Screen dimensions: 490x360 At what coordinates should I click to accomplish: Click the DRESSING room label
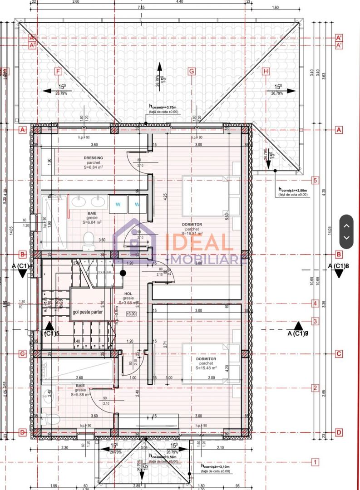pyautogui.click(x=94, y=158)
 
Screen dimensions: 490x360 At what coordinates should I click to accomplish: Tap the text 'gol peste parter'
pyautogui.click(x=88, y=312)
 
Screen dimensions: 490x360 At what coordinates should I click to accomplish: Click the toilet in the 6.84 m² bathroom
pyautogui.click(x=89, y=241)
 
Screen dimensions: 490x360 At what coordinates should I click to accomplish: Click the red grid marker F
pyautogui.click(x=58, y=71)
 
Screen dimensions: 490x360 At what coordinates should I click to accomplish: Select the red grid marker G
pyautogui.click(x=191, y=71)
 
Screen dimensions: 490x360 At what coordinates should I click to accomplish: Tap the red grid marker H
pyautogui.click(x=266, y=71)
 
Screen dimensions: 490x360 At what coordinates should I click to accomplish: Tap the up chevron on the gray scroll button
pyautogui.click(x=346, y=225)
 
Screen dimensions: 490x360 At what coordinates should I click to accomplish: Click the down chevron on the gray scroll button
pyautogui.click(x=346, y=237)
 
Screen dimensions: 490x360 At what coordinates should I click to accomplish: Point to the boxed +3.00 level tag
pyautogui.click(x=131, y=314)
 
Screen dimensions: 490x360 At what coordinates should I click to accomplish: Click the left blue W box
pyautogui.click(x=118, y=204)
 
